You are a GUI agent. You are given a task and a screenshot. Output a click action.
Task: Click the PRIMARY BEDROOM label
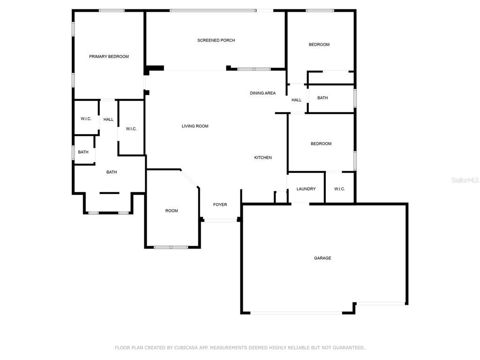[x=109, y=57]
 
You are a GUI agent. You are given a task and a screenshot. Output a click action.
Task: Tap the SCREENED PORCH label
[x=216, y=40]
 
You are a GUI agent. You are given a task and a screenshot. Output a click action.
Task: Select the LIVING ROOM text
[x=195, y=126]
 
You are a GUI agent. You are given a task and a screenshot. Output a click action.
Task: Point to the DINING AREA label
[x=262, y=93]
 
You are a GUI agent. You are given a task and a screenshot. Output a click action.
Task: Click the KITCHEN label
[x=263, y=157]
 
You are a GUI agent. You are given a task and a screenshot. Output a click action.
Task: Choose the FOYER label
[x=220, y=204]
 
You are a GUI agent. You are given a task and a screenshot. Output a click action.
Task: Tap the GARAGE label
[x=322, y=258]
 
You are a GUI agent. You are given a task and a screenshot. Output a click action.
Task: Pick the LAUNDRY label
[x=306, y=189]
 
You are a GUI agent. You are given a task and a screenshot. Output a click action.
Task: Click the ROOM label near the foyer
[x=172, y=210]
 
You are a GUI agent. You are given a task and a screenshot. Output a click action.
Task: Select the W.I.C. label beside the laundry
[x=339, y=189]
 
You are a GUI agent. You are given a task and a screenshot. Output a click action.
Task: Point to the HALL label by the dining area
[x=296, y=100]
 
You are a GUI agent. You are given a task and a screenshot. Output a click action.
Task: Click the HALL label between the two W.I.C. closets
[x=108, y=120]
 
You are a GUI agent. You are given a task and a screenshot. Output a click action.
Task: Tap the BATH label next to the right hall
[x=322, y=97]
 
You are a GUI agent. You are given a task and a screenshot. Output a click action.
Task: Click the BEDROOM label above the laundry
[x=321, y=143]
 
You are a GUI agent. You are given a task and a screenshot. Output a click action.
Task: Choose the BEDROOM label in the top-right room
[x=319, y=45]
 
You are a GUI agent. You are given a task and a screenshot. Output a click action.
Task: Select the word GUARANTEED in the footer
[x=349, y=347]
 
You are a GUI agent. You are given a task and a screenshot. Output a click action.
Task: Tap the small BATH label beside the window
[x=83, y=152]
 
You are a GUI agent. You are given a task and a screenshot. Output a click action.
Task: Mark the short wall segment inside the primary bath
[x=109, y=193]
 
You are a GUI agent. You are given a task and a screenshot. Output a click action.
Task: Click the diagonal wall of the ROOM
[x=189, y=178]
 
